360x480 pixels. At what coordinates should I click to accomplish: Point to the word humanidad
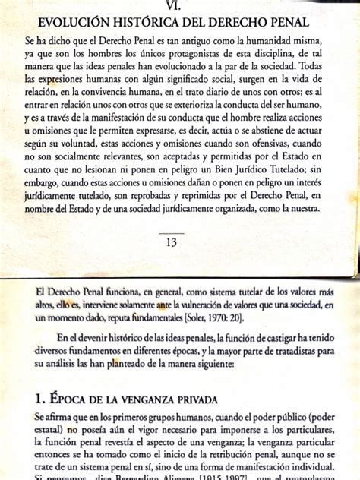point(267,39)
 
